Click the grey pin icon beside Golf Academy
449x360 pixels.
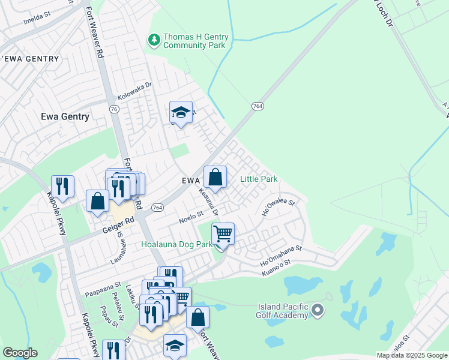(318, 310)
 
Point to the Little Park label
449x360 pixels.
(259, 179)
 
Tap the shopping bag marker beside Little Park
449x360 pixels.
(215, 177)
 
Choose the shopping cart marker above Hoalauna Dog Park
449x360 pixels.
(223, 233)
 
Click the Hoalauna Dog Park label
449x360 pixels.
(176, 245)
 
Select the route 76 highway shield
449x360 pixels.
(115, 109)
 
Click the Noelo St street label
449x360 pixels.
(191, 217)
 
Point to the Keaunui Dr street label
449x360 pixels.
(209, 202)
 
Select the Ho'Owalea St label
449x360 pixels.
(279, 208)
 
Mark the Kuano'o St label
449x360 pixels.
(276, 268)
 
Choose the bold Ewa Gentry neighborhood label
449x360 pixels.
(65, 117)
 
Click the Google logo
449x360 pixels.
(20, 353)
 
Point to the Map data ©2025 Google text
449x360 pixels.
(411, 355)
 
